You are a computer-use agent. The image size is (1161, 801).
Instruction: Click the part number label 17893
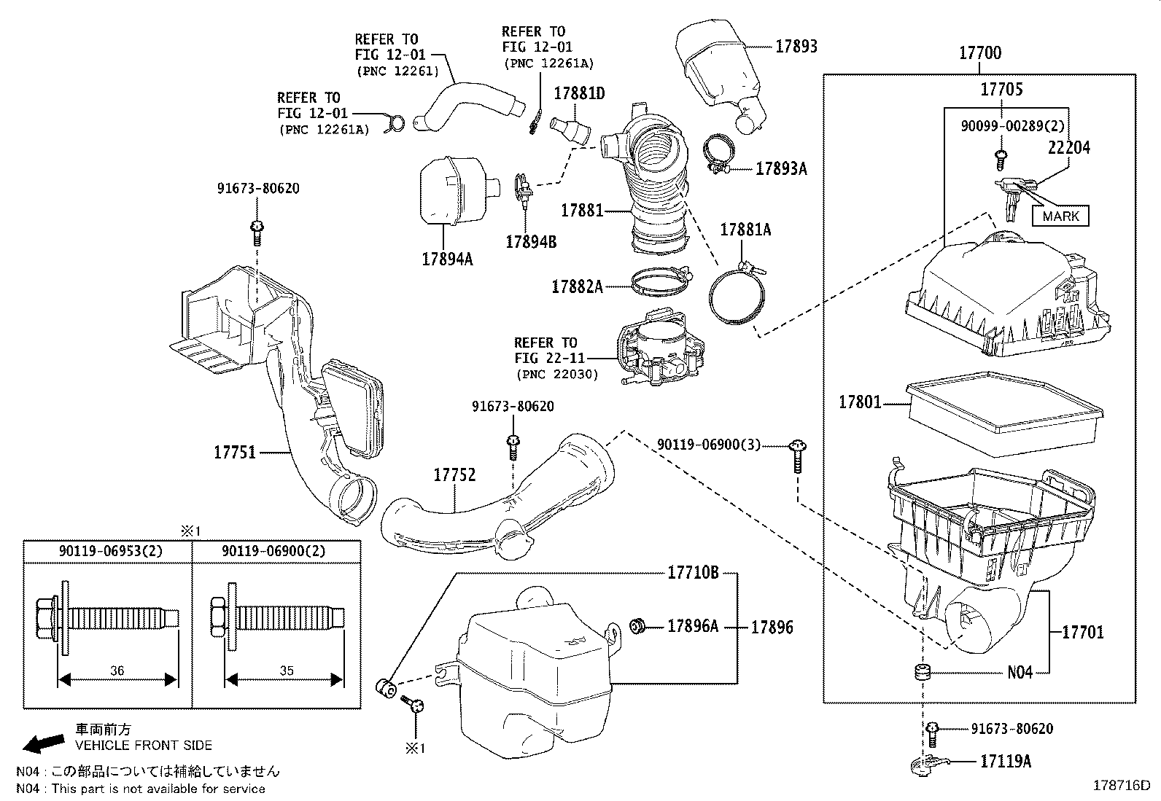[796, 46]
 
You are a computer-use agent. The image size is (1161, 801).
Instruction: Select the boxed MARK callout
[1060, 216]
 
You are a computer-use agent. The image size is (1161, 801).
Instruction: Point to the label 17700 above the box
[979, 52]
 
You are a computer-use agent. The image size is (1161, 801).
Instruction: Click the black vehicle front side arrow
[42, 743]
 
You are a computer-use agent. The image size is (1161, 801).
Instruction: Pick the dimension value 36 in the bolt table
[117, 671]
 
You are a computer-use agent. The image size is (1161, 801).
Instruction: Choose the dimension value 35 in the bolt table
[286, 671]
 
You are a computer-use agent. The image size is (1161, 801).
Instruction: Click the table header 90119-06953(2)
[107, 552]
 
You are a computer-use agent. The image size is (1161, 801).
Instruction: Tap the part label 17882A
[577, 286]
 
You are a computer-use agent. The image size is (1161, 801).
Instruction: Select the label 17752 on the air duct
[454, 474]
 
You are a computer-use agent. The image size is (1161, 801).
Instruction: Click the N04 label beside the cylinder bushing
[1020, 672]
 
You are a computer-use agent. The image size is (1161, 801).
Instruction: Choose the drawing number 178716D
[1121, 786]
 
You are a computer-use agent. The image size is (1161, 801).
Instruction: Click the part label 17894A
[446, 258]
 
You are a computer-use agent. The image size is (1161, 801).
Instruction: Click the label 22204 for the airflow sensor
[1068, 148]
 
